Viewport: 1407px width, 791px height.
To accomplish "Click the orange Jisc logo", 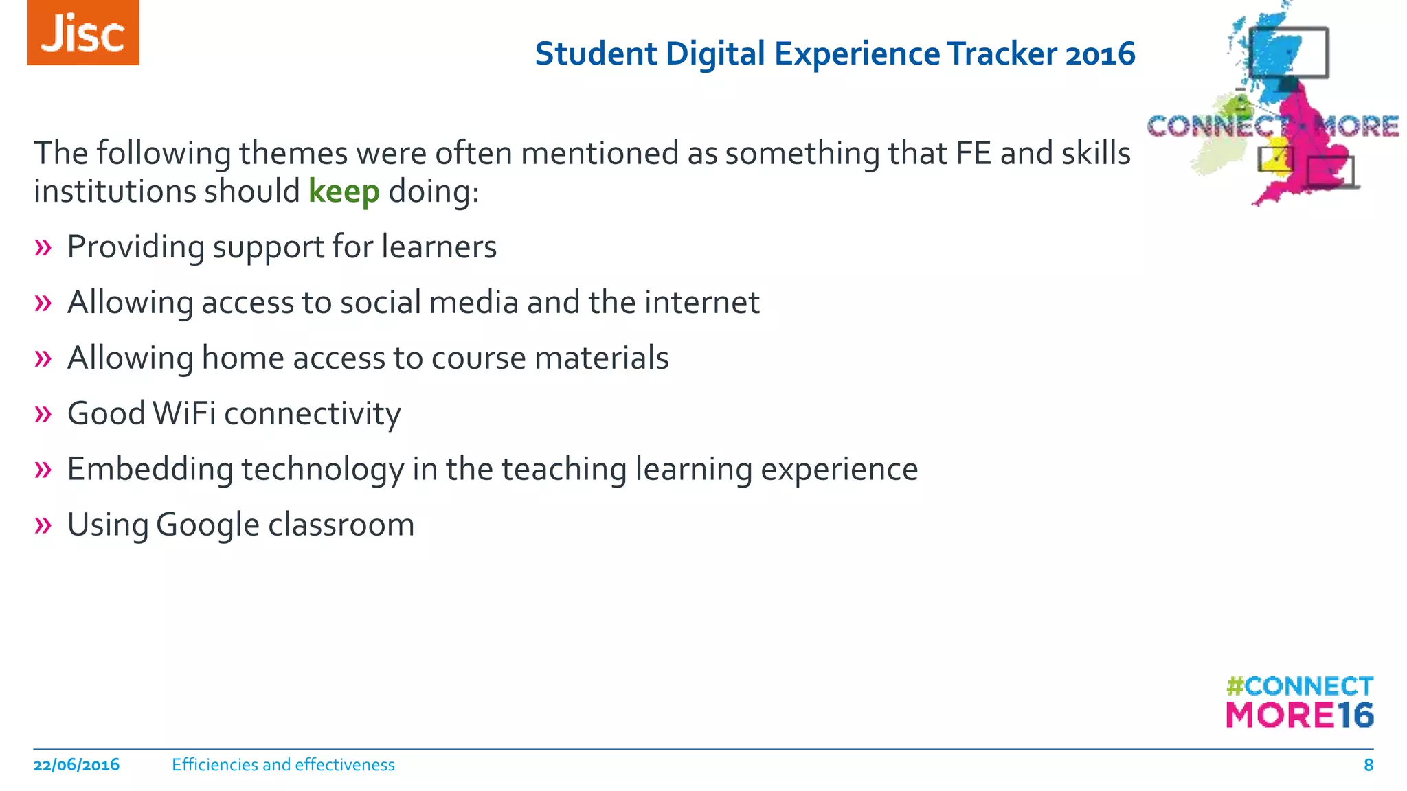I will click(x=83, y=33).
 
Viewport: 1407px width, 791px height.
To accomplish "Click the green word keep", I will click(x=344, y=192).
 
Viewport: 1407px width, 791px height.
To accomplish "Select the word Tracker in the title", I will click(x=1002, y=54).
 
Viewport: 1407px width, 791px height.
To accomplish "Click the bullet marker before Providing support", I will click(x=43, y=248).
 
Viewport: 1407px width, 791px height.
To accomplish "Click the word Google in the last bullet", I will click(x=207, y=525).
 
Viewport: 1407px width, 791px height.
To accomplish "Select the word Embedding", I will click(x=150, y=470).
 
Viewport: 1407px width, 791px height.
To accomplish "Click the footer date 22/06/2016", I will click(x=76, y=765).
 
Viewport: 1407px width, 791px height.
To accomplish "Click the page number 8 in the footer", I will click(x=1368, y=765).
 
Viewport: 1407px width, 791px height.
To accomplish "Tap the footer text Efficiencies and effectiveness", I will click(x=283, y=765).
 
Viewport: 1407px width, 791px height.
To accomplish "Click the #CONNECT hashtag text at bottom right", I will click(x=1299, y=686).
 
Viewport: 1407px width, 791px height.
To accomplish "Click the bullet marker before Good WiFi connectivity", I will click(x=43, y=414).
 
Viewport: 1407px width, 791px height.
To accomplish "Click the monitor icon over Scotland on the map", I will click(x=1288, y=53).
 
